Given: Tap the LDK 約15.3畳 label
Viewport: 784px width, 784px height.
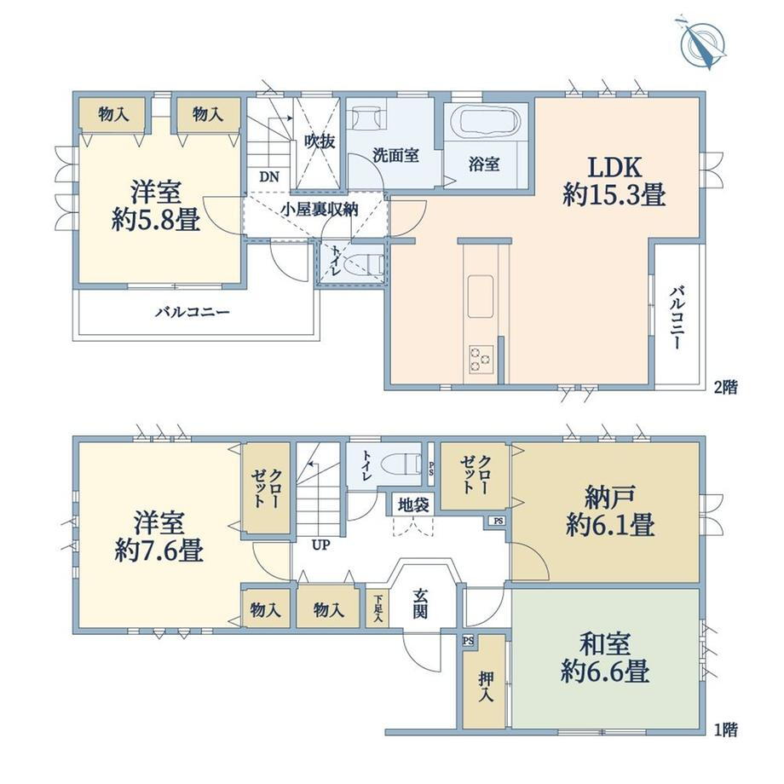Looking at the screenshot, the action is tap(614, 181).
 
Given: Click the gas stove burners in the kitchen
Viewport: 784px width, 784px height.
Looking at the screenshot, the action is tap(481, 359).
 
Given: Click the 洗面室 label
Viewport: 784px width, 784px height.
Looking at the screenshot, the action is tap(395, 155).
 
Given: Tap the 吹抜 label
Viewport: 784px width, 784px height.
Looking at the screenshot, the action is tap(320, 141).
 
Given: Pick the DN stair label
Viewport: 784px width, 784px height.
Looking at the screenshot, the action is tap(269, 177).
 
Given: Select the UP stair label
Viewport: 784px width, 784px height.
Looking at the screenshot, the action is tap(321, 545).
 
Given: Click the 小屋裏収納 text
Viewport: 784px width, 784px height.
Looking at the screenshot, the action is tap(319, 209).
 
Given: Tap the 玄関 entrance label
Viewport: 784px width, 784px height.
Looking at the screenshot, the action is tap(420, 603).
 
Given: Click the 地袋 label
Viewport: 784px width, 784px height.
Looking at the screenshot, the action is tap(413, 505).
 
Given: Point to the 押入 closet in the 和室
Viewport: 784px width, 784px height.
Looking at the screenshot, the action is tap(484, 682).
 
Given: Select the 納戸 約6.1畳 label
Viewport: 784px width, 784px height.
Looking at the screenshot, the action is tap(610, 511).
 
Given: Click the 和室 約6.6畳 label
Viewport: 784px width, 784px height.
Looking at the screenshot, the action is tap(605, 658).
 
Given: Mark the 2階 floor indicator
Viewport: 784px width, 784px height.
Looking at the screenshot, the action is tap(725, 388).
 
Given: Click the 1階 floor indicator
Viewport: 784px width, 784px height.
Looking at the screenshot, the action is tap(725, 730).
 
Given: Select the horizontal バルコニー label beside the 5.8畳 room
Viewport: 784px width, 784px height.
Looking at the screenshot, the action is tap(193, 313).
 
